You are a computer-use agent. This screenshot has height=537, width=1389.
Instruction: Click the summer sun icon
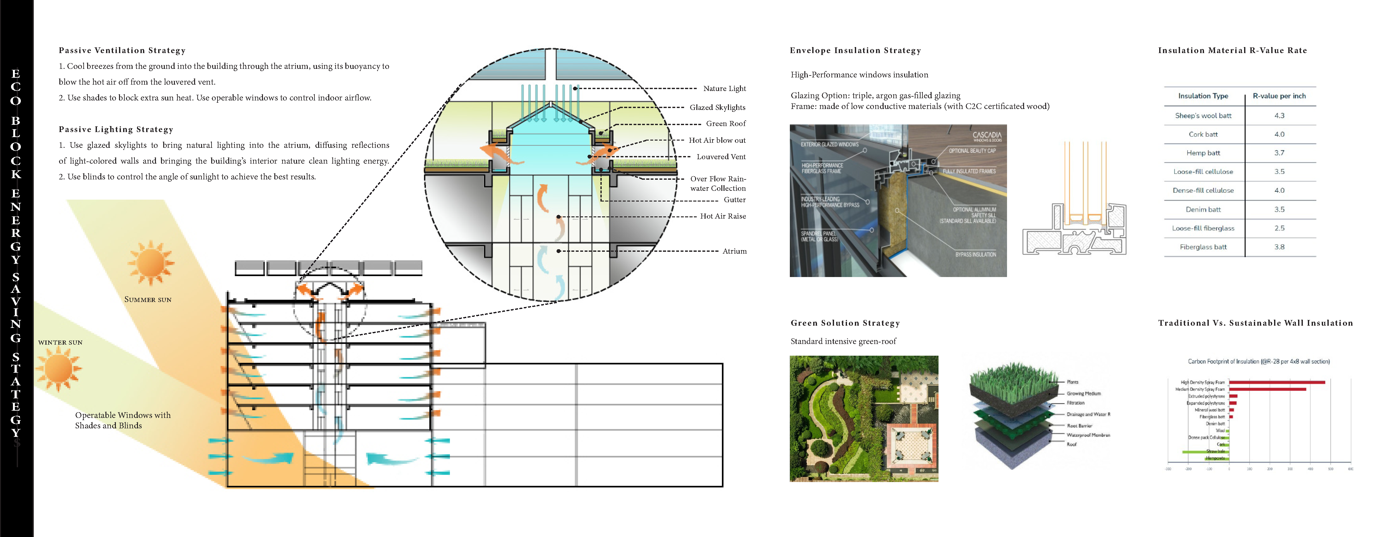(x=151, y=263)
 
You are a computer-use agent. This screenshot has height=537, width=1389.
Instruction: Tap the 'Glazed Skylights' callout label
(x=717, y=107)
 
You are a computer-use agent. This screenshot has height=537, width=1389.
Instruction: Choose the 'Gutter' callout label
(x=734, y=200)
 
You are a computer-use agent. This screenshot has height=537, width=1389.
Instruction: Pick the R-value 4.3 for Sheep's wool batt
(x=1279, y=116)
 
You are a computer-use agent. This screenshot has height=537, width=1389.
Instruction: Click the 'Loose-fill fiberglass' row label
(x=1203, y=228)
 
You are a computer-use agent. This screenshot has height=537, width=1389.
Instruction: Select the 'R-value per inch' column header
(x=1279, y=96)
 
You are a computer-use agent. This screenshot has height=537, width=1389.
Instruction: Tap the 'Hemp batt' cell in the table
(x=1203, y=153)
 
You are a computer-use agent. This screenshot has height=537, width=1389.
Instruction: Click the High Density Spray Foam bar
(x=1276, y=382)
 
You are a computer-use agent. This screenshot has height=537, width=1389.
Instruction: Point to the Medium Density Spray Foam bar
(x=1267, y=389)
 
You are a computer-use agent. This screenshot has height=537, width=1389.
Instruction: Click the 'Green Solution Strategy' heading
(x=845, y=323)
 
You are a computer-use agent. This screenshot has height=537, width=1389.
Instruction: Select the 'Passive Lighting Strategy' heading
(x=116, y=130)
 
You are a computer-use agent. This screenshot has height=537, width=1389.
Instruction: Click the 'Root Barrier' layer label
(x=1079, y=426)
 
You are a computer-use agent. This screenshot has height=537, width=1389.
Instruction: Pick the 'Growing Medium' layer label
(x=1083, y=394)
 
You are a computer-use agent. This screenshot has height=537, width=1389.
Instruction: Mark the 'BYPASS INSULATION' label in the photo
(x=975, y=255)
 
